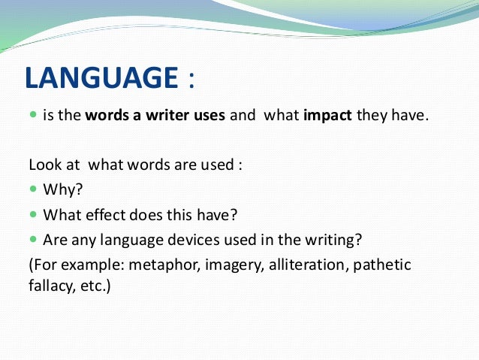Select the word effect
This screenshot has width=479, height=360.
pyautogui.click(x=101, y=215)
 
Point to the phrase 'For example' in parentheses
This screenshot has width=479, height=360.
pyautogui.click(x=67, y=265)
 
